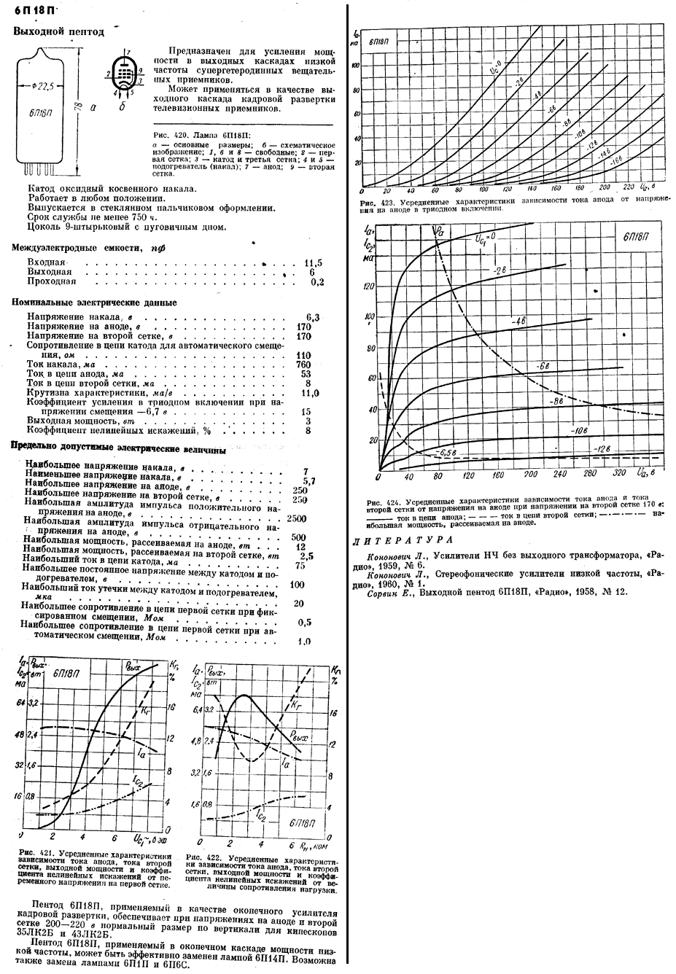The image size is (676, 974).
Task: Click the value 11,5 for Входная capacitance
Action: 314,262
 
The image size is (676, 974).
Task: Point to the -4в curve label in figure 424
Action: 518,321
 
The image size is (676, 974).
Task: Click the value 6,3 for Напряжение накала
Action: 314,317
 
